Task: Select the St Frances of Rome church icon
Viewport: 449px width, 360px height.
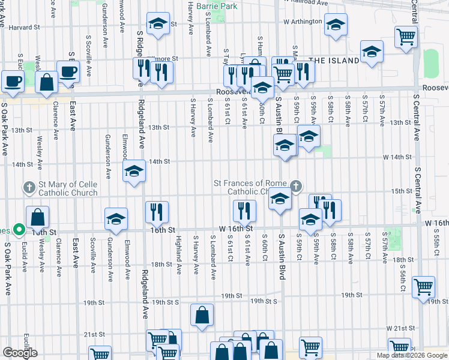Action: click(x=295, y=186)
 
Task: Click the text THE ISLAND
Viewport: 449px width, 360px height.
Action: click(x=334, y=60)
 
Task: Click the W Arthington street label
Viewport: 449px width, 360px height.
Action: click(x=303, y=22)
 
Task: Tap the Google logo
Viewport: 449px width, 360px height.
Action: click(x=20, y=352)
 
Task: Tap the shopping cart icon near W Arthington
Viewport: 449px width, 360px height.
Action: click(x=406, y=37)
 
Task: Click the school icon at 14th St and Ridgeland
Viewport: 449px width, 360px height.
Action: click(x=134, y=172)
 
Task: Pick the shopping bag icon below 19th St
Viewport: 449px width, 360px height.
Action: click(x=202, y=314)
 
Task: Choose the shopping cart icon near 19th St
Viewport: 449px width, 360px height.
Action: click(x=424, y=287)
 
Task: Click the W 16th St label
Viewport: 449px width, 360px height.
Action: click(x=234, y=229)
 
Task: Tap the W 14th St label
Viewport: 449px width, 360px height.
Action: click(x=398, y=157)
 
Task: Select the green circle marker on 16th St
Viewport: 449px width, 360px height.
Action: click(x=19, y=229)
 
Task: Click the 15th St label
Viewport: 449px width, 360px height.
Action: click(x=400, y=191)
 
